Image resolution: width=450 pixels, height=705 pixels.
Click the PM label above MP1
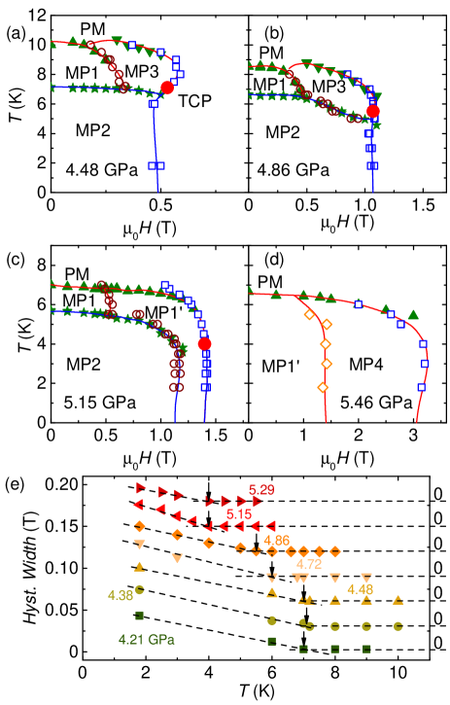point(270,53)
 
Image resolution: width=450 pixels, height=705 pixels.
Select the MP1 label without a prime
point(269,85)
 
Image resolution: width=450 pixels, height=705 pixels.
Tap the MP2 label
point(282,132)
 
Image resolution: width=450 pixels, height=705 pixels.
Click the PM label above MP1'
point(269,282)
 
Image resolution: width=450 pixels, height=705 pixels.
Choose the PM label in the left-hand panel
point(76,274)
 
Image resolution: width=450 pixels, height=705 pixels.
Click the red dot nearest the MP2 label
point(373,112)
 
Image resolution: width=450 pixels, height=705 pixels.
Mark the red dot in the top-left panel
point(167,88)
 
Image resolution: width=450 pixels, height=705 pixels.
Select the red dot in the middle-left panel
point(204,344)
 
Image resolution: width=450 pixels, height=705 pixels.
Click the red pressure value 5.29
point(261,489)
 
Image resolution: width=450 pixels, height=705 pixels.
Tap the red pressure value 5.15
point(239,513)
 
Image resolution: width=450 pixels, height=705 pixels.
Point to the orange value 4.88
point(276,540)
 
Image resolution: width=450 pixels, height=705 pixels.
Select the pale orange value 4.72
point(309,563)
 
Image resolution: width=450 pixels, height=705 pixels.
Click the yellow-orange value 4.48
point(360,588)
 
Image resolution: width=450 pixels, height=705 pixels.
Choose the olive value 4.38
point(121,595)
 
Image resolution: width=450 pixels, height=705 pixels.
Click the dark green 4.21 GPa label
point(146,639)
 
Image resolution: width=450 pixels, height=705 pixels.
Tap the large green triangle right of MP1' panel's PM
point(413,313)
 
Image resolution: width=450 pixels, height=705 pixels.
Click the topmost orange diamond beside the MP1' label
point(309,314)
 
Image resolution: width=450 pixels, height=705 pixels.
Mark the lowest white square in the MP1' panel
point(422,387)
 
